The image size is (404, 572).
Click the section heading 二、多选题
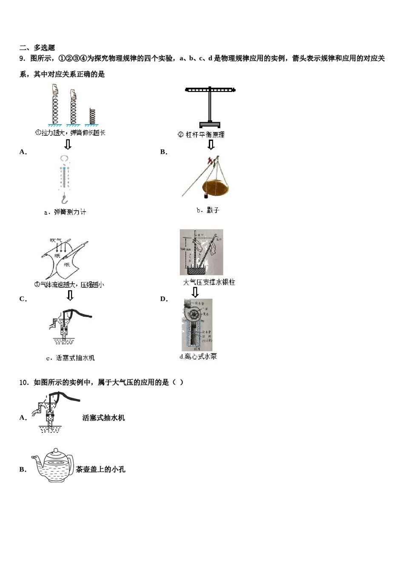[x=37, y=48]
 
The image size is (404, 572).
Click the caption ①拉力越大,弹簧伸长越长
[x=70, y=133]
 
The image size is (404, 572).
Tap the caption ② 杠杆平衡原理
[x=201, y=135]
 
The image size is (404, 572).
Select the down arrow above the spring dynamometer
[x=68, y=144]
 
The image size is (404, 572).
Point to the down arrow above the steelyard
[x=211, y=145]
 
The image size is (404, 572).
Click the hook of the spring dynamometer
[x=64, y=199]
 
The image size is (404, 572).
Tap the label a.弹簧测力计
[x=65, y=212]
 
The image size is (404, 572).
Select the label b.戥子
[x=208, y=210]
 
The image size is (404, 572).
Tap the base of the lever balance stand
[x=210, y=125]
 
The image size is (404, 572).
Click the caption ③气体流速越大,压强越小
[x=69, y=284]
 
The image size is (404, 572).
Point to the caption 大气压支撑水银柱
[x=209, y=282]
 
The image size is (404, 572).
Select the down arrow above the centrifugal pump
[x=195, y=292]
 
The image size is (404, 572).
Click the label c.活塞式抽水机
[x=70, y=358]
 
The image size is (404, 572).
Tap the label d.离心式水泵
[x=198, y=357]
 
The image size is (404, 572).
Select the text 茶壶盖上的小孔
[x=100, y=469]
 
